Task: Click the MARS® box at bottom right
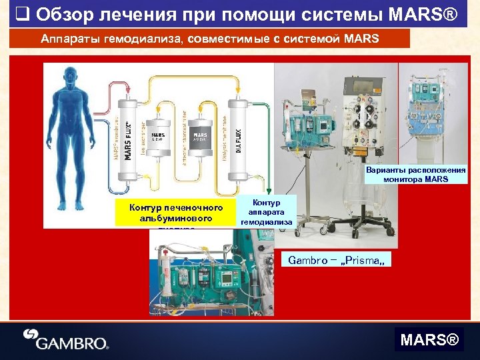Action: (429, 341)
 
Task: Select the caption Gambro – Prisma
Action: (337, 259)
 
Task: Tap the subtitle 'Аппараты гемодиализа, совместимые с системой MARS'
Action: (210, 39)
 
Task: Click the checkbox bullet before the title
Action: (21, 13)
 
